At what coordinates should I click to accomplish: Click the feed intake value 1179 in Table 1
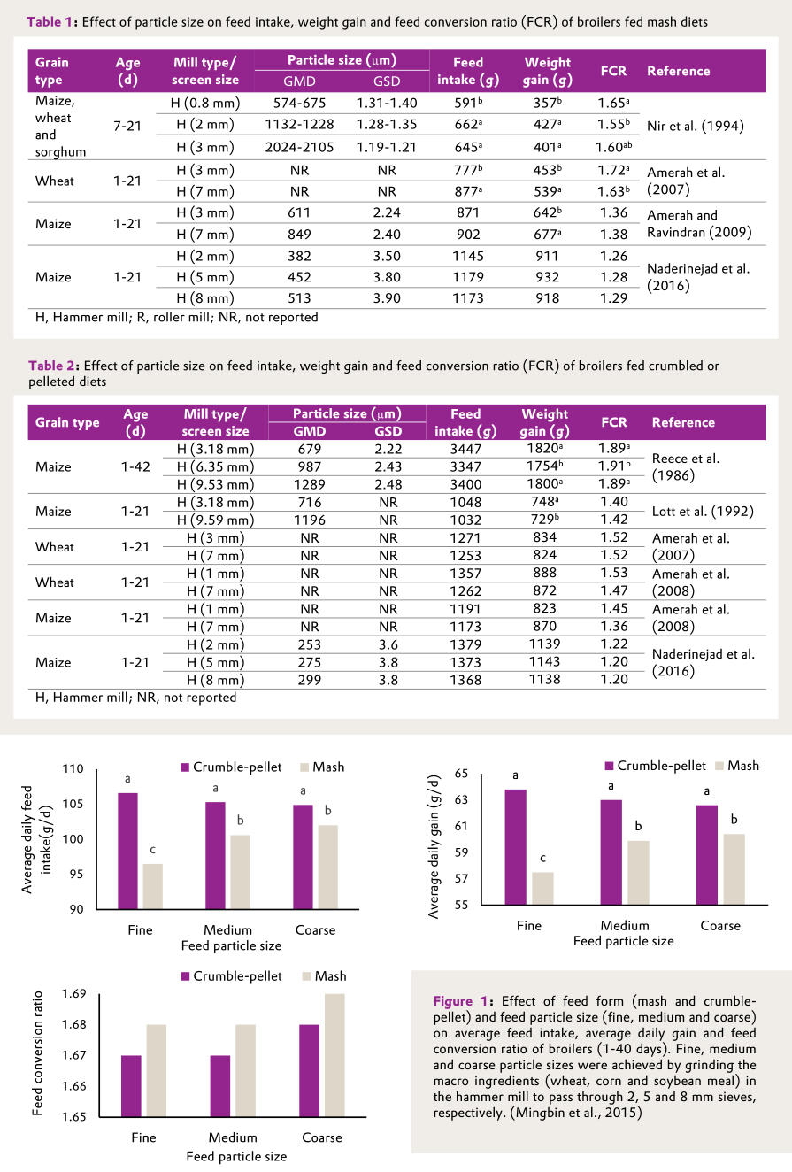coord(468,278)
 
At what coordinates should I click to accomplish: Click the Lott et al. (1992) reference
coord(704,511)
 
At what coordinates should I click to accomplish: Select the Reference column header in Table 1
coord(679,71)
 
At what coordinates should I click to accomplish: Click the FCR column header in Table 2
coord(614,422)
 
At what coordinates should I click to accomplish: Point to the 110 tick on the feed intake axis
coord(73,769)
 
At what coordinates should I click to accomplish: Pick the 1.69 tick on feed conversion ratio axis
coord(74,994)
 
